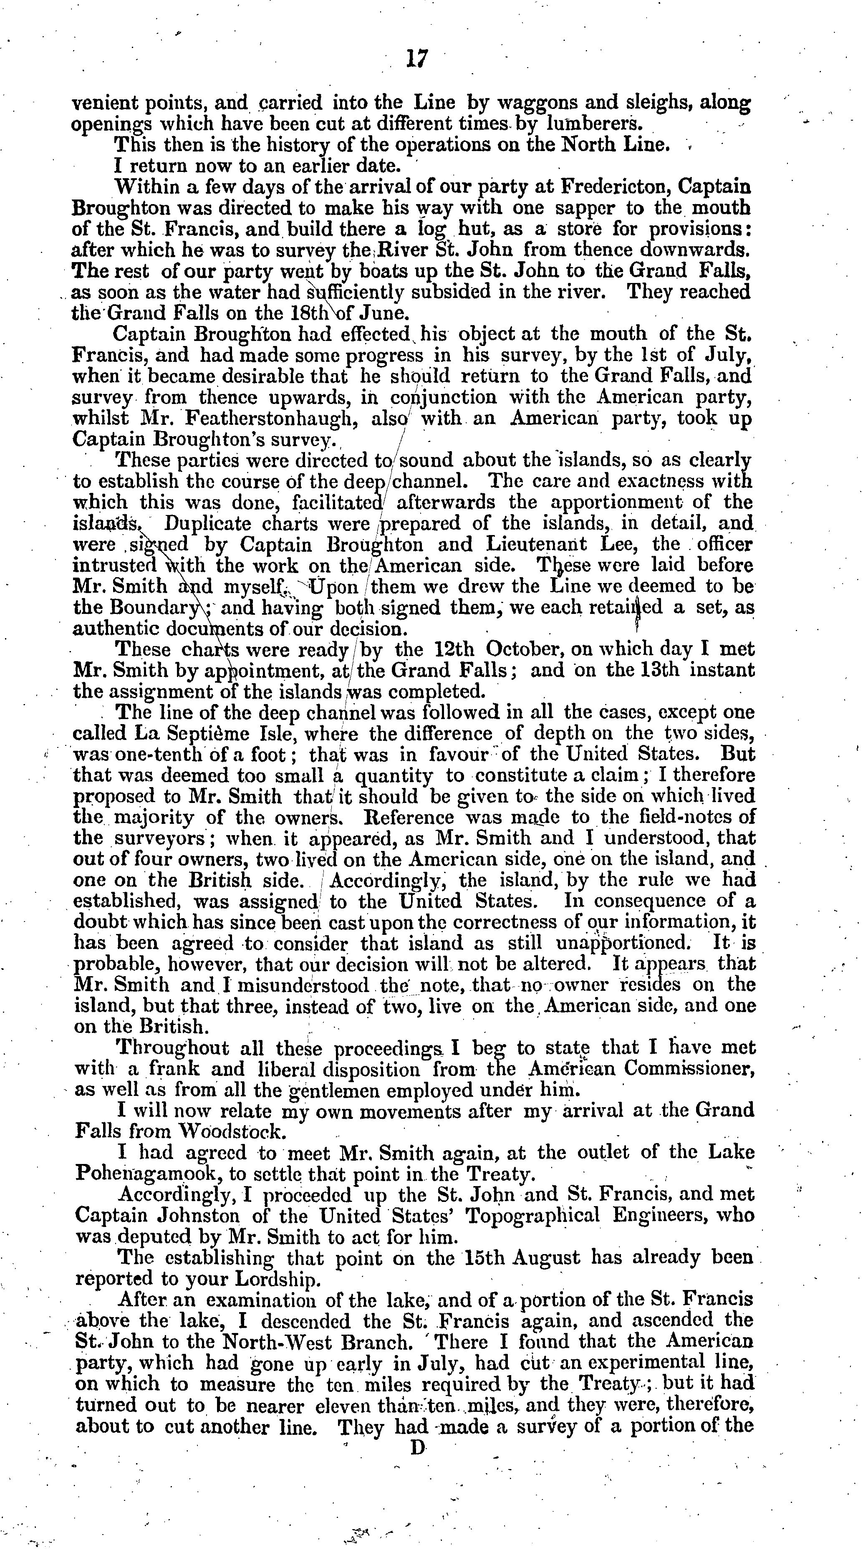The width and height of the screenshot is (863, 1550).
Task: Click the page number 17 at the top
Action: [416, 59]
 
